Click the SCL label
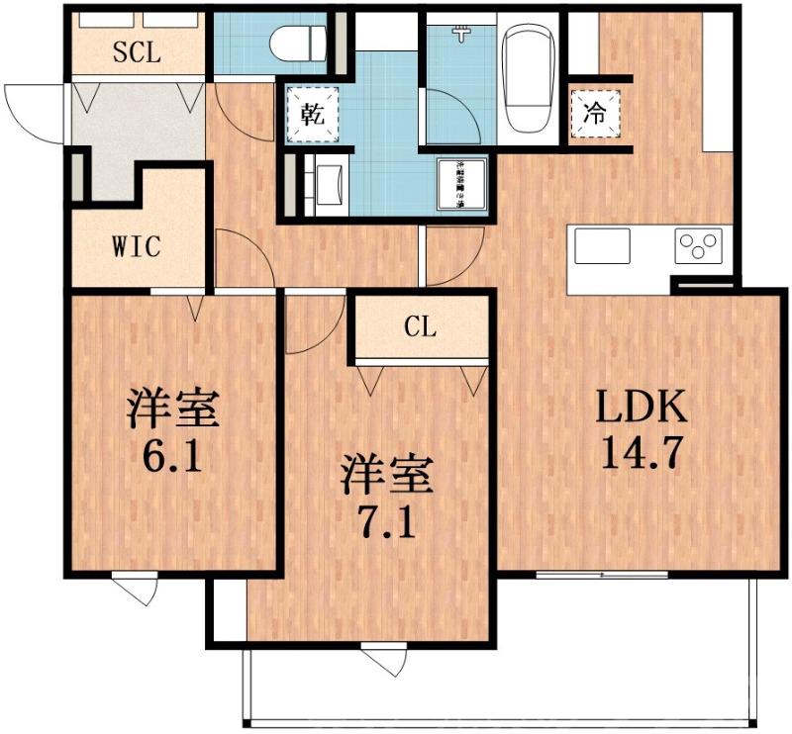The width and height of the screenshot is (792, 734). (x=137, y=52)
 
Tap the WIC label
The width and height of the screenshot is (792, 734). (x=136, y=245)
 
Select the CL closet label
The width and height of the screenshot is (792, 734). (x=420, y=328)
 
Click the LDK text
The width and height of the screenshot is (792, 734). (x=640, y=409)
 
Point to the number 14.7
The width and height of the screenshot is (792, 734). (x=640, y=454)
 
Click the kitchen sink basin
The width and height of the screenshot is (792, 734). (x=602, y=245)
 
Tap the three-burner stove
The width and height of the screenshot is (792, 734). (x=698, y=246)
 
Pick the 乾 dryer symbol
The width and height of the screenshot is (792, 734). (x=311, y=113)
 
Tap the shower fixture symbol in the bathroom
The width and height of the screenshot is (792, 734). (x=460, y=32)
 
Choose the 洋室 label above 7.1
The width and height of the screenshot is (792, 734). (x=387, y=474)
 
